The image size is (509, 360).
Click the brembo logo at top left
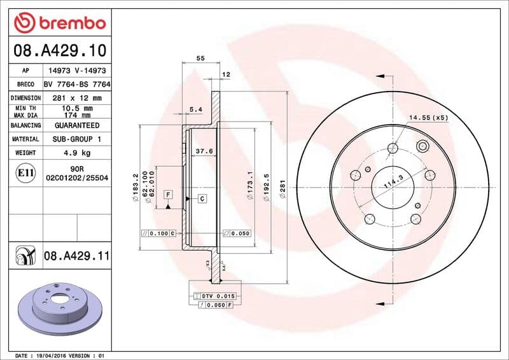tap(59, 23)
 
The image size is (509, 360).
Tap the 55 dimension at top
tap(200, 58)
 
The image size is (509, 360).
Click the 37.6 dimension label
tap(203, 151)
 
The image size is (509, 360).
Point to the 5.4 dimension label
tap(196, 109)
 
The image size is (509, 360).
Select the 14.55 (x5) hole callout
tap(428, 118)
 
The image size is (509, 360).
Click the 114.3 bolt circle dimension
tap(393, 184)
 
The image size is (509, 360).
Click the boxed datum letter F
tap(168, 193)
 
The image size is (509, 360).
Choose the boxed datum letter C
tap(202, 199)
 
